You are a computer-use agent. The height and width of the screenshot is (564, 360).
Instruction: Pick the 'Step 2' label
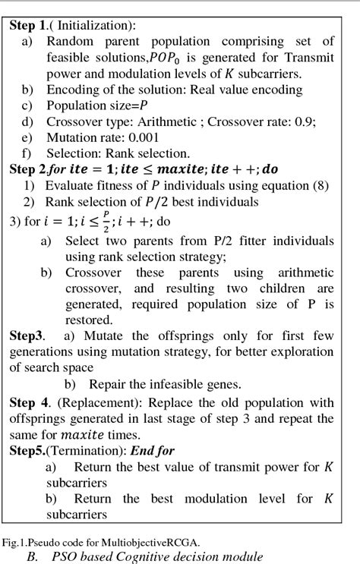tap(28, 169)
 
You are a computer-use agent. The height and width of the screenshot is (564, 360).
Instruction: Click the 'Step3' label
tap(27, 336)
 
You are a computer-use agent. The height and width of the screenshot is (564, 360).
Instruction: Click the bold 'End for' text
tap(154, 452)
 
